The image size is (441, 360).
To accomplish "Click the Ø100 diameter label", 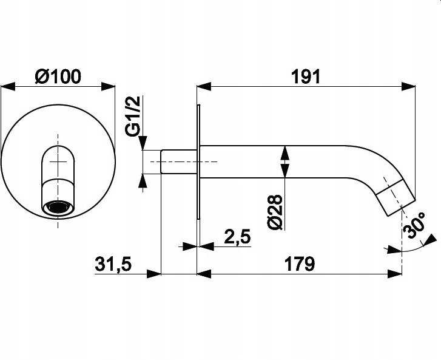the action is [58, 76].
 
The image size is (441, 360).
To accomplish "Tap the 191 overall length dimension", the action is [306, 77].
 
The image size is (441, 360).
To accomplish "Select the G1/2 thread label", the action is [132, 116].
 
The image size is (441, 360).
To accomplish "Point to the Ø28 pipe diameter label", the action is [275, 212].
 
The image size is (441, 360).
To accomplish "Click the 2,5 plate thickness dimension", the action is [237, 236].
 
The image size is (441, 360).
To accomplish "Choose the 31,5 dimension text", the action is [113, 264].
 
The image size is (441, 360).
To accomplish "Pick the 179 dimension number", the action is [300, 263].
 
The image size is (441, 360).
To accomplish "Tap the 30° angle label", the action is [414, 225].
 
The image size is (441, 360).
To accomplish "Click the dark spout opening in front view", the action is [59, 207].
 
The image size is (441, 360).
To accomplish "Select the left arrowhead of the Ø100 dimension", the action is [8, 86].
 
